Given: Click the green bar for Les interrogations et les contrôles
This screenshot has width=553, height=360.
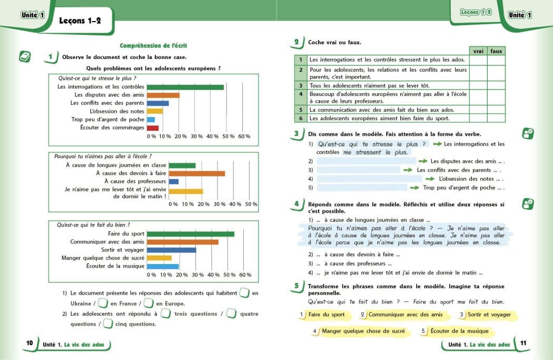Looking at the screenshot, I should click(x=185, y=87).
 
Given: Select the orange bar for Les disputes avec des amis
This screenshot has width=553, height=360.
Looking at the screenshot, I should click(x=163, y=95).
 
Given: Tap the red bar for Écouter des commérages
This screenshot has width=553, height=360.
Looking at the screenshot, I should click(x=153, y=128).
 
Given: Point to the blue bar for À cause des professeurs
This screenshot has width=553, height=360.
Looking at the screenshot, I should click(x=174, y=182).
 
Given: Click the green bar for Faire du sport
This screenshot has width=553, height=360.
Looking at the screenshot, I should click(x=191, y=233).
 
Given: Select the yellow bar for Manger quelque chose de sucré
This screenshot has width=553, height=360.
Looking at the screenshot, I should click(x=159, y=258).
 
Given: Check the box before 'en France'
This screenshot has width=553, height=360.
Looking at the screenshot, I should click(x=103, y=303).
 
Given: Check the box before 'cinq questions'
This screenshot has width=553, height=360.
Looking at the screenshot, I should click(x=108, y=324).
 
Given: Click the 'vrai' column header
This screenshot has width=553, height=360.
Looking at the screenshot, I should click(x=478, y=51).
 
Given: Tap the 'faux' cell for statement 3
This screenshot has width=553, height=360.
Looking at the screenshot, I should click(x=496, y=85).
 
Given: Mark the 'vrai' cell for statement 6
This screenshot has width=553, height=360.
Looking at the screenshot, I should click(x=478, y=118).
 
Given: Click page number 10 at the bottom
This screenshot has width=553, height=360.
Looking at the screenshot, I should click(x=29, y=343).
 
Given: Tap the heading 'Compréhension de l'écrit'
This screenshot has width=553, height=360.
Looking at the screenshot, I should click(x=154, y=46).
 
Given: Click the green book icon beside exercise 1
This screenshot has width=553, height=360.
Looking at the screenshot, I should click(x=25, y=56).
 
